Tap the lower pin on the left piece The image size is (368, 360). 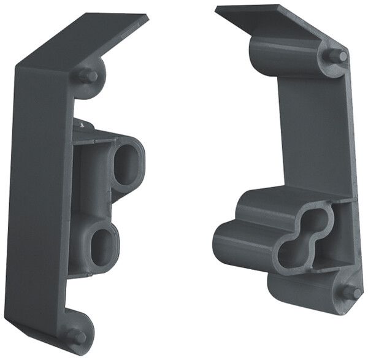click(75, 335)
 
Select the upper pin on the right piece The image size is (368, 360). click(335, 56)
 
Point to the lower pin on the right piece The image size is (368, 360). click(351, 293)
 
